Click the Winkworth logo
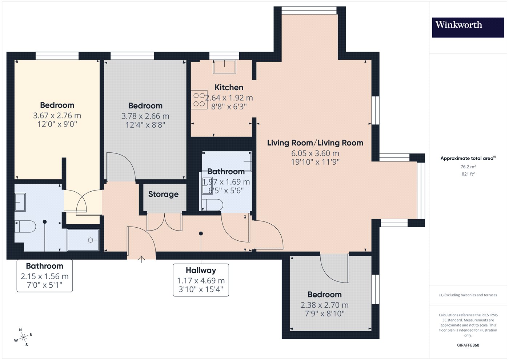tap(468, 28)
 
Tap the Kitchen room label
tap(229, 88)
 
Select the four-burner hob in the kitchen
tap(199, 100)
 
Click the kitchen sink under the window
tap(224, 67)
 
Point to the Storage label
tap(163, 194)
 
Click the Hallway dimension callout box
tap(201, 280)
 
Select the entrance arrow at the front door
tap(141, 259)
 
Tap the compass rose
tap(23, 337)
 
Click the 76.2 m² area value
tap(468, 167)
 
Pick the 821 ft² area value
tap(468, 174)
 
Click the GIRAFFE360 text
tap(468, 345)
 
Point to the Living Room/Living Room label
tap(315, 143)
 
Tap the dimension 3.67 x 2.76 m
tap(57, 116)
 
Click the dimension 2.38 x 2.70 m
tap(324, 305)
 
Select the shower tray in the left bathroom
tap(83, 240)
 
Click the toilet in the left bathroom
tap(25, 226)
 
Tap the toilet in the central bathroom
tap(212, 205)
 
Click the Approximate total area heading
tap(468, 158)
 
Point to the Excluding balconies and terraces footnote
tap(468, 295)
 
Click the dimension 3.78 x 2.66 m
tap(145, 116)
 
